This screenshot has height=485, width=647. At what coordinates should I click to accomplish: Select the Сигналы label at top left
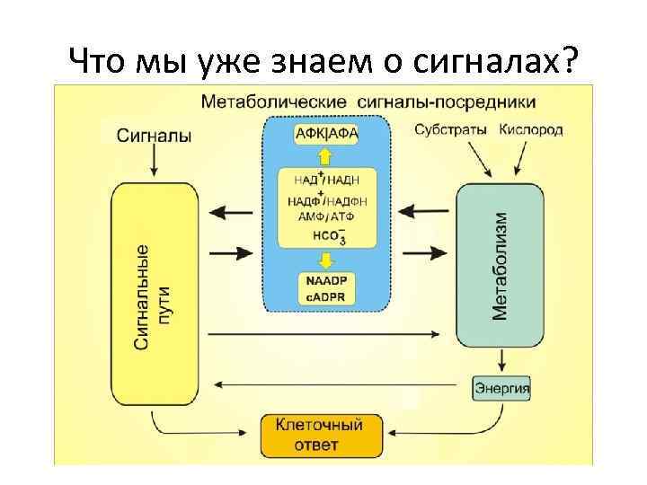coord(154,136)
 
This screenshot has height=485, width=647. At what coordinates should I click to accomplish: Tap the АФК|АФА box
coord(326,134)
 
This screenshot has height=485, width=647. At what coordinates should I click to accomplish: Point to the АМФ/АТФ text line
coord(326,216)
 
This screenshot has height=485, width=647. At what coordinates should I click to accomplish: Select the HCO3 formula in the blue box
coord(328,235)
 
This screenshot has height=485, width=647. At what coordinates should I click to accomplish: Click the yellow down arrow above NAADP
coord(326,259)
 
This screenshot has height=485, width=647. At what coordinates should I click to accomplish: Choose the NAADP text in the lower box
coord(326,281)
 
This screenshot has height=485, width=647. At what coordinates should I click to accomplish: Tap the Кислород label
coord(531,129)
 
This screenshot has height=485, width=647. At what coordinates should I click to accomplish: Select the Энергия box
coord(501,389)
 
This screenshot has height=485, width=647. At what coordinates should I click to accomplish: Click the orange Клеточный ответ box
coord(318,434)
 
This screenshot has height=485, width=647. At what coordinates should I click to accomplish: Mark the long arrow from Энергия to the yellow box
coord(341,386)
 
